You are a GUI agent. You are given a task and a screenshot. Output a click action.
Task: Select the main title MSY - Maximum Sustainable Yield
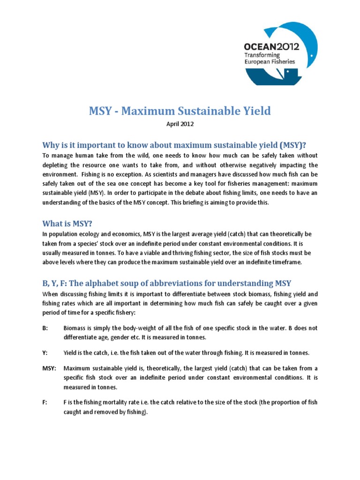click(x=180, y=111)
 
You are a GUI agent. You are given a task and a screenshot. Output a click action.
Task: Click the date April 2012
click(x=180, y=125)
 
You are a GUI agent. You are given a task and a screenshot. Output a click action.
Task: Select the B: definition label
click(x=45, y=328)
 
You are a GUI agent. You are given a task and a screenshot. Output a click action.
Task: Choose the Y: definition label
click(x=45, y=352)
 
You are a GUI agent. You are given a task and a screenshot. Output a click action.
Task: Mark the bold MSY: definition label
click(x=49, y=368)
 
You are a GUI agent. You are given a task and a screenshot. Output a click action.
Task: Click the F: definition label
click(x=45, y=403)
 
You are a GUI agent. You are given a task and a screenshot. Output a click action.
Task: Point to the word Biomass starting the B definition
click(x=75, y=328)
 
